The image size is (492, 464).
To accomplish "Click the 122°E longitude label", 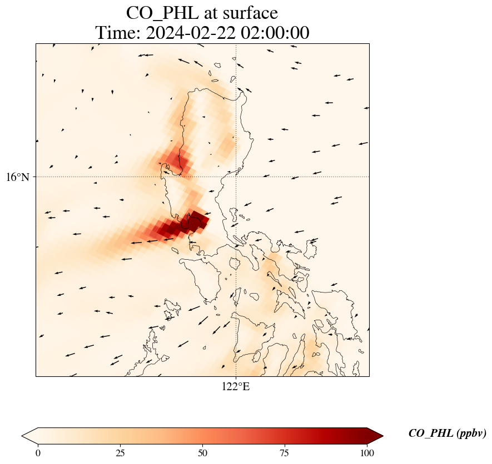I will coord(236,387).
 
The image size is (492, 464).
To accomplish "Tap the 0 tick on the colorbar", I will coord(38,453).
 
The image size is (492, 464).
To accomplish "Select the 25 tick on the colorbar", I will coord(120,453).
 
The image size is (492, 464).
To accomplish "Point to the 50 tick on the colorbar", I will coord(202,453).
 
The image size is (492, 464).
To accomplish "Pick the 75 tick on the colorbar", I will coord(285,453).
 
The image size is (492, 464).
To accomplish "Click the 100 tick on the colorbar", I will coord(367,453).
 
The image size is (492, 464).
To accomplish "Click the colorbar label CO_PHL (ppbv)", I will coord(447,433).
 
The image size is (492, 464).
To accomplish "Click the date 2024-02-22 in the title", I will coord(188,33).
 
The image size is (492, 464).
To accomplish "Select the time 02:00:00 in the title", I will coord(273,33).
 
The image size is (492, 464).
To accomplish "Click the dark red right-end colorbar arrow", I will coord(375,436).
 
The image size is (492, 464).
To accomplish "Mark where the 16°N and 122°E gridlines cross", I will coord(236,177).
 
